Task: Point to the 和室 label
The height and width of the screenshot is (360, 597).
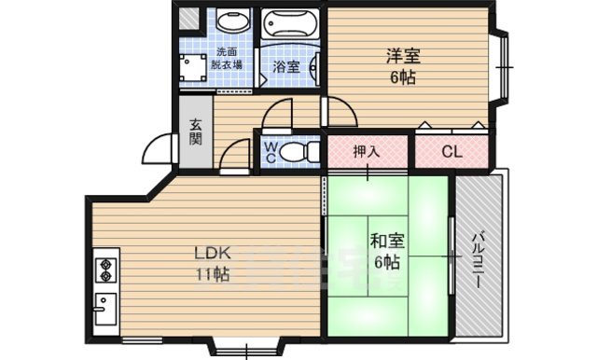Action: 384,239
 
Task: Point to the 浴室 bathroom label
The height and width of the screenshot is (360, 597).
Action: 286,66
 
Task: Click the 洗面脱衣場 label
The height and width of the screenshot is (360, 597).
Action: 229,58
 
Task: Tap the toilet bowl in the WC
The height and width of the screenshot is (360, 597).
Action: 296,152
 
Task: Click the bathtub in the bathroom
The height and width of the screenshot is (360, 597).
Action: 289,22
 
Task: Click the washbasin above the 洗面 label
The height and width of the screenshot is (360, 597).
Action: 228,21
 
